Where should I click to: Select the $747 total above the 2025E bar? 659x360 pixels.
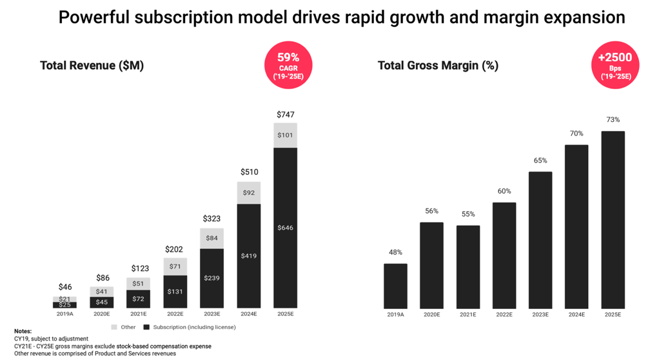tap(285, 114)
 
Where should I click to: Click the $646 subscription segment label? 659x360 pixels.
tap(285, 228)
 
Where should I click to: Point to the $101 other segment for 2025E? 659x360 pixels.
tap(285, 135)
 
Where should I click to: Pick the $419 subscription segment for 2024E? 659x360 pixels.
tap(249, 255)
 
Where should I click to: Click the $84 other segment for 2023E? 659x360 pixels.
tap(211, 238)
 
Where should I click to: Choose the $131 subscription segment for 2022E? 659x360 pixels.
tap(175, 292)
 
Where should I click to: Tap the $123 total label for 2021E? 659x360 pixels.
tap(139, 268)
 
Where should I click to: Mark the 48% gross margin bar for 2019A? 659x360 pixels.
tap(395, 286)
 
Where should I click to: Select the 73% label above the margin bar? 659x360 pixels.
tap(613, 120)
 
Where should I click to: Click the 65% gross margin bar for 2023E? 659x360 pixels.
tap(540, 239)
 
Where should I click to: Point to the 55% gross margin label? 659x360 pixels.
tap(468, 214)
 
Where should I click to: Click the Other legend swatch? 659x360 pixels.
tap(114, 327)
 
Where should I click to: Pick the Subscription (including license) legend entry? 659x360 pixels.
tap(190, 327)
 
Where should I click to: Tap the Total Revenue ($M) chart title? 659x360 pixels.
tap(92, 65)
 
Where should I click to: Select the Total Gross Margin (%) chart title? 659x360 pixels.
tap(438, 65)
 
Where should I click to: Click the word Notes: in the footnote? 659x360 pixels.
tap(23, 331)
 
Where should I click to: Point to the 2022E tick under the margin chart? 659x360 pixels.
tap(504, 314)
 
